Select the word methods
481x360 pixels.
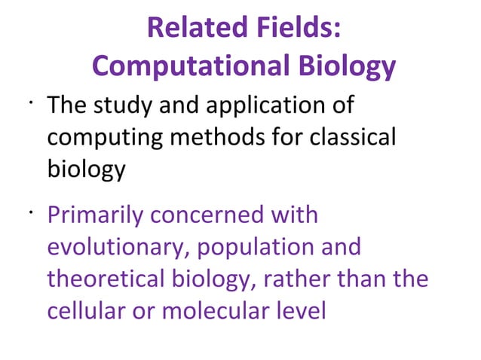point(213,138)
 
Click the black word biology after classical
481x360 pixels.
point(86,170)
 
